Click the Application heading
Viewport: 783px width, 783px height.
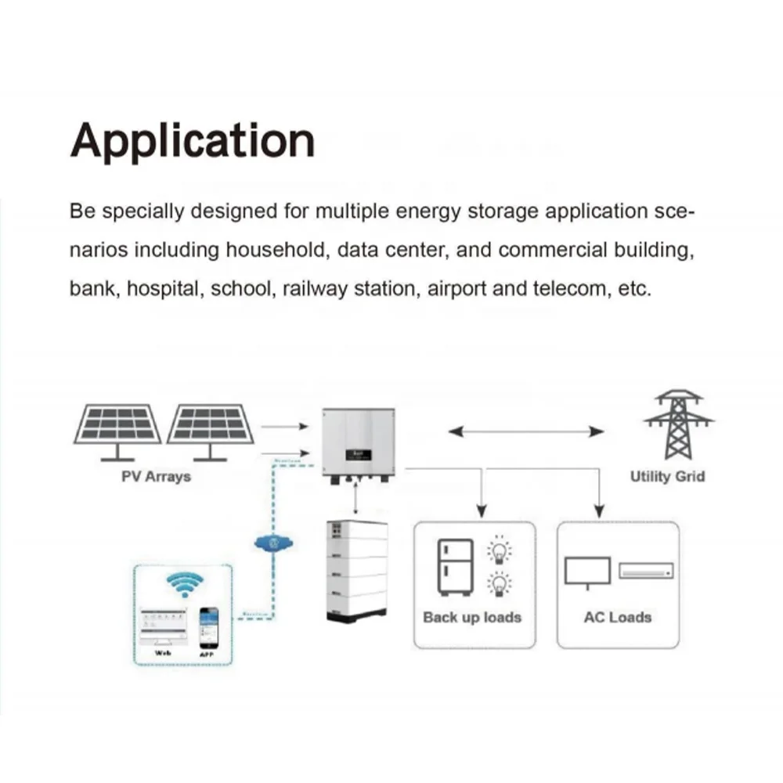click(192, 141)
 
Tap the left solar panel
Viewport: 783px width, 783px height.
click(117, 427)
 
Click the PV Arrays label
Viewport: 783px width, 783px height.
click(156, 476)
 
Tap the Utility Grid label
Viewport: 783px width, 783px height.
click(667, 476)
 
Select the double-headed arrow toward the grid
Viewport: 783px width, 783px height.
click(525, 431)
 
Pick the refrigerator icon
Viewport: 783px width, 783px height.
click(454, 568)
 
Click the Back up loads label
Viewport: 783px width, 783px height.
click(471, 617)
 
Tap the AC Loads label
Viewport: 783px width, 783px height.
click(617, 617)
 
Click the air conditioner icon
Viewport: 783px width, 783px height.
click(646, 571)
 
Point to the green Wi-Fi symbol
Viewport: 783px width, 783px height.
click(186, 583)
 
